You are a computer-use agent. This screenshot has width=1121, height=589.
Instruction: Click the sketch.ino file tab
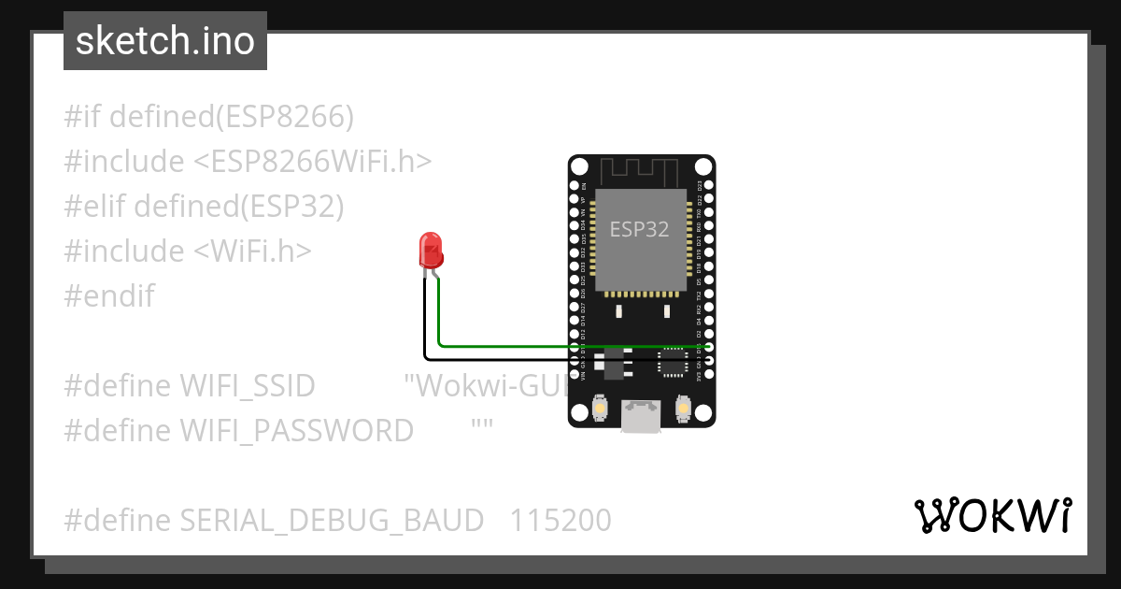[x=165, y=41]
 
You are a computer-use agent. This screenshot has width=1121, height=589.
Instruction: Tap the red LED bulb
[x=431, y=250]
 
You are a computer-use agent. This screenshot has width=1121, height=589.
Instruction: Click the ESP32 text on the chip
[x=639, y=229]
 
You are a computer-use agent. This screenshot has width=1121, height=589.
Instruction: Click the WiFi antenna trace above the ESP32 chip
[x=639, y=171]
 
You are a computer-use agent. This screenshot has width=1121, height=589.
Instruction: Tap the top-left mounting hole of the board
[x=579, y=166]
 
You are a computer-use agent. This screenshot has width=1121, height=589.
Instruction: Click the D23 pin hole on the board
[x=709, y=186]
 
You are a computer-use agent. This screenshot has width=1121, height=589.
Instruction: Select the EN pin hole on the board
[x=575, y=186]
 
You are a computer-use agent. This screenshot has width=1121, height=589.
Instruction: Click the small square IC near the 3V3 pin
[x=672, y=362]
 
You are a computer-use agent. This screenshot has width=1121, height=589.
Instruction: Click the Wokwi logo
[x=992, y=516]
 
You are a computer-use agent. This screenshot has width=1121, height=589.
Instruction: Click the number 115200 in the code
[x=560, y=520]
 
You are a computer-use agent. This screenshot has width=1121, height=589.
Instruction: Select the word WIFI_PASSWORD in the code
[x=296, y=431]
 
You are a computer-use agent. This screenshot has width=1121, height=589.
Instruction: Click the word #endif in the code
[x=108, y=296]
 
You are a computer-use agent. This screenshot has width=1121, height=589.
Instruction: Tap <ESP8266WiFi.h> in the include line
[x=313, y=162]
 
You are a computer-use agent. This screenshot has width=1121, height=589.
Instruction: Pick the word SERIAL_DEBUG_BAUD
[x=332, y=520]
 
